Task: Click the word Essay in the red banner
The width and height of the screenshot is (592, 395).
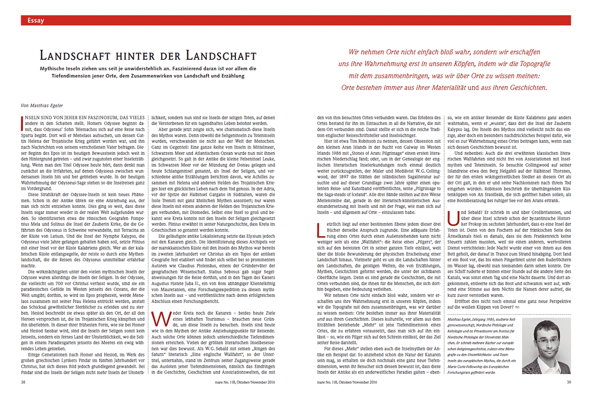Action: (36, 20)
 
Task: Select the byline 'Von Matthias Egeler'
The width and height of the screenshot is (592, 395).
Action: (42, 107)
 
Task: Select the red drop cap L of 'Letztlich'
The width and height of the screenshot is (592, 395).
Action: (320, 229)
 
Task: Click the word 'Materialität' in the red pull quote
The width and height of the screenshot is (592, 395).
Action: (423, 88)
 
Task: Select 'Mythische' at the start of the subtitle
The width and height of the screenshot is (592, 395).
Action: (55, 68)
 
